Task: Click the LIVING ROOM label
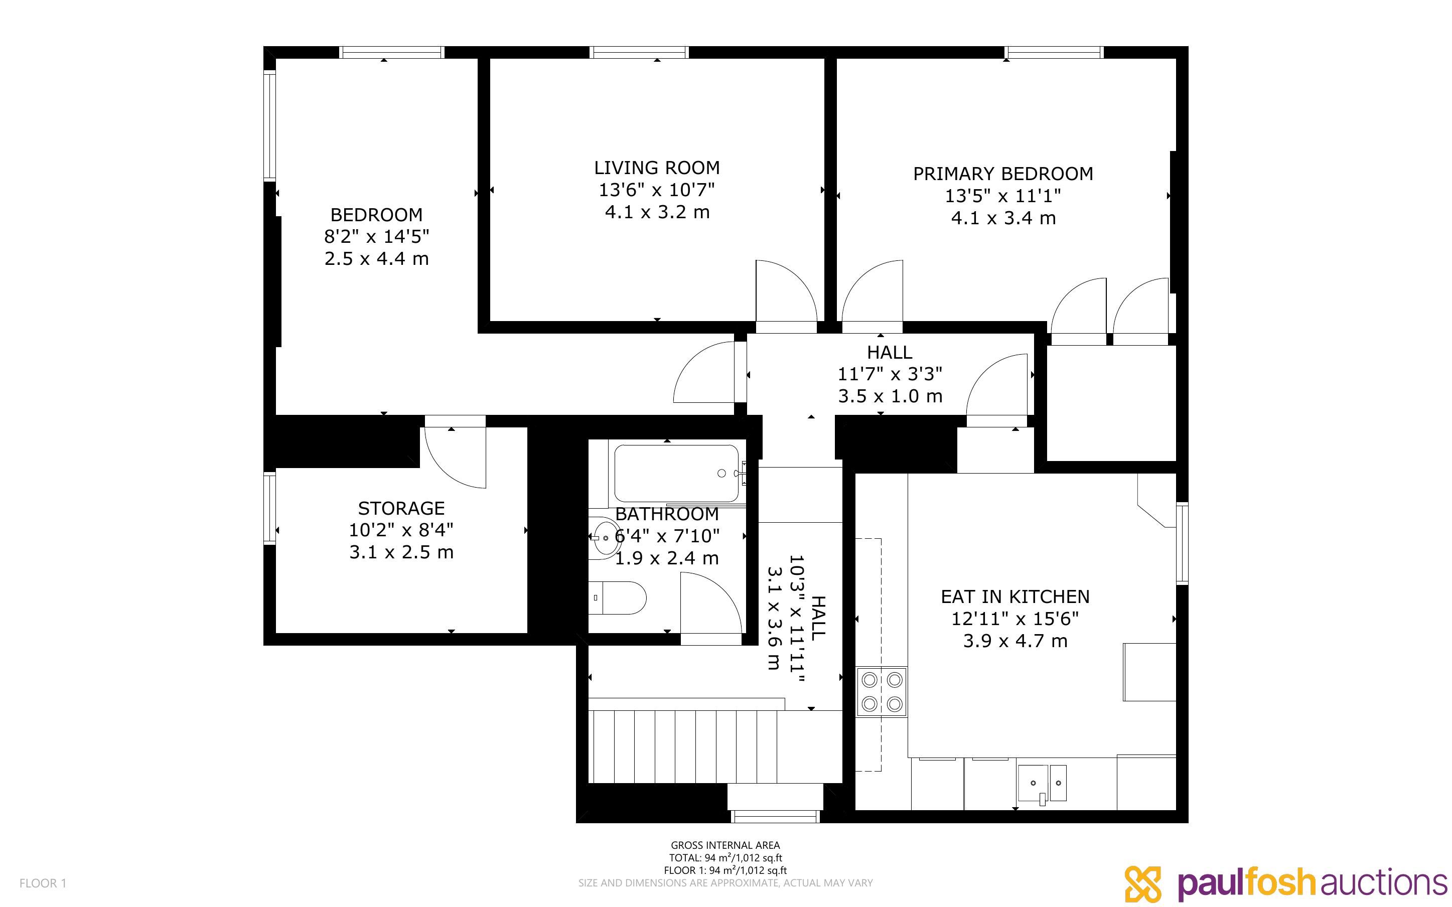[657, 168]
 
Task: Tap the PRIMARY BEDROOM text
[1003, 174]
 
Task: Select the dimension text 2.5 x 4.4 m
[377, 258]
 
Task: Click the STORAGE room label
[401, 508]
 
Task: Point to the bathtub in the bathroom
[676, 473]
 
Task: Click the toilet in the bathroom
[617, 598]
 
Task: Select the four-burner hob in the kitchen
[882, 692]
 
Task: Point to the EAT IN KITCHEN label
[1015, 597]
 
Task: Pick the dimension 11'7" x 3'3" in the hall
[890, 374]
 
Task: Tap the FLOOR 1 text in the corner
[43, 883]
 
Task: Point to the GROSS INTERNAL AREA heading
[725, 845]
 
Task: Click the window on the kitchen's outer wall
[1182, 543]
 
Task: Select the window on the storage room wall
[269, 508]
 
